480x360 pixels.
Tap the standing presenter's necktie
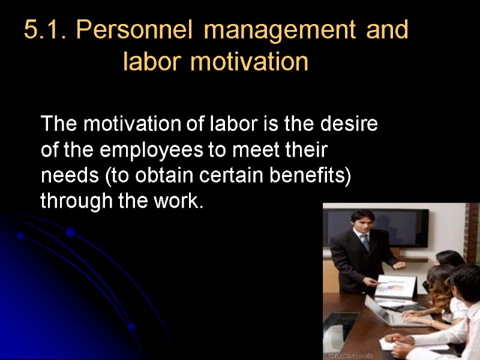pos(365,242)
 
